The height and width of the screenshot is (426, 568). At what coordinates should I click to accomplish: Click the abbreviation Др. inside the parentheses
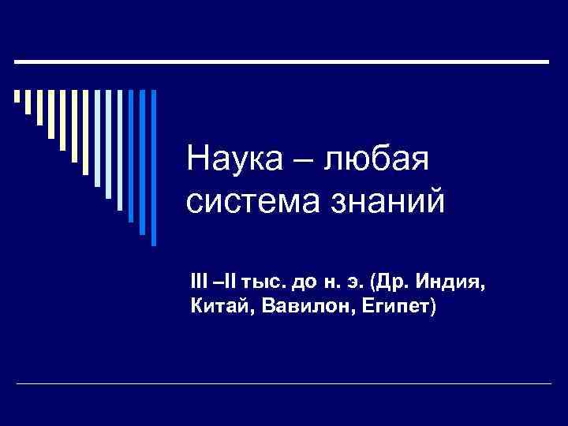(x=389, y=282)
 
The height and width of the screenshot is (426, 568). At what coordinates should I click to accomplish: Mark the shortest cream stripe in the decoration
(x=17, y=97)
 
